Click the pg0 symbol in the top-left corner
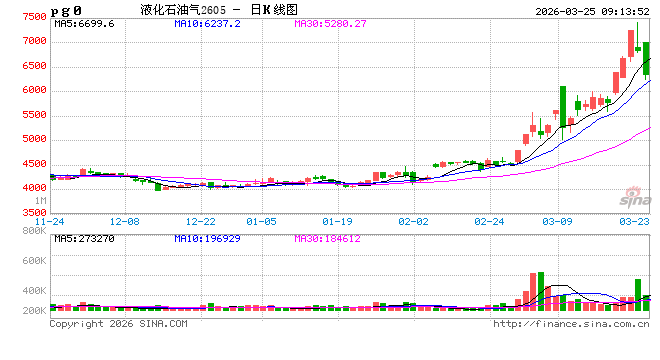(x=67, y=10)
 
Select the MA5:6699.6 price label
(x=84, y=23)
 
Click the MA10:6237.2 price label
(x=207, y=23)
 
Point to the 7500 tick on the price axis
(x=33, y=18)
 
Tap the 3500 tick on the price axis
(x=33, y=212)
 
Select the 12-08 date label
(x=126, y=221)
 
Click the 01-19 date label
(x=337, y=221)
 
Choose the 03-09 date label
(x=558, y=221)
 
